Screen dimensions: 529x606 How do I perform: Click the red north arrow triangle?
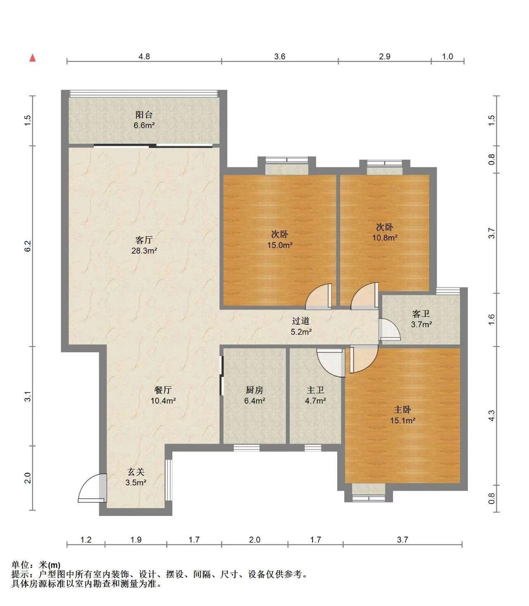pyautogui.click(x=33, y=58)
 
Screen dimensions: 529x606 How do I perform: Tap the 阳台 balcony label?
pyautogui.click(x=144, y=114)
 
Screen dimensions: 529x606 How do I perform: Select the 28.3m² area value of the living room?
pyautogui.click(x=144, y=251)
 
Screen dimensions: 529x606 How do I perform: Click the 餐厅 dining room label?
pyautogui.click(x=163, y=390)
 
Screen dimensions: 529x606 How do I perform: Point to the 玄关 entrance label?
pyautogui.click(x=136, y=471)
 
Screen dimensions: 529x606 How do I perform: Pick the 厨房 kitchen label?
pyautogui.click(x=255, y=390)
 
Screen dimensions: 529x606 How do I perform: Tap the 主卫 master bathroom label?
pyautogui.click(x=315, y=390)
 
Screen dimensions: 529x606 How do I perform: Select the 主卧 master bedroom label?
pyautogui.click(x=403, y=410)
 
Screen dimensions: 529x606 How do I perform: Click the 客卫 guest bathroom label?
pyautogui.click(x=421, y=314)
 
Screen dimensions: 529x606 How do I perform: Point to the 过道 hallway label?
pyautogui.click(x=301, y=321)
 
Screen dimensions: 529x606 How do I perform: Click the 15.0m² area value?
pyautogui.click(x=280, y=245)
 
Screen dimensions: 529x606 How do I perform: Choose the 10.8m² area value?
pyautogui.click(x=385, y=238)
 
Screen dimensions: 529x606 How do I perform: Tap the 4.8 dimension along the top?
pyautogui.click(x=144, y=56)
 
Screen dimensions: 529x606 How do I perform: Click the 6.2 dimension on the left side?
pyautogui.click(x=28, y=246)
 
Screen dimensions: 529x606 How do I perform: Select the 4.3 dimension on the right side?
pyautogui.click(x=492, y=416)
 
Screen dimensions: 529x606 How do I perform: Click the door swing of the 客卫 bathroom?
pyautogui.click(x=389, y=329)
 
